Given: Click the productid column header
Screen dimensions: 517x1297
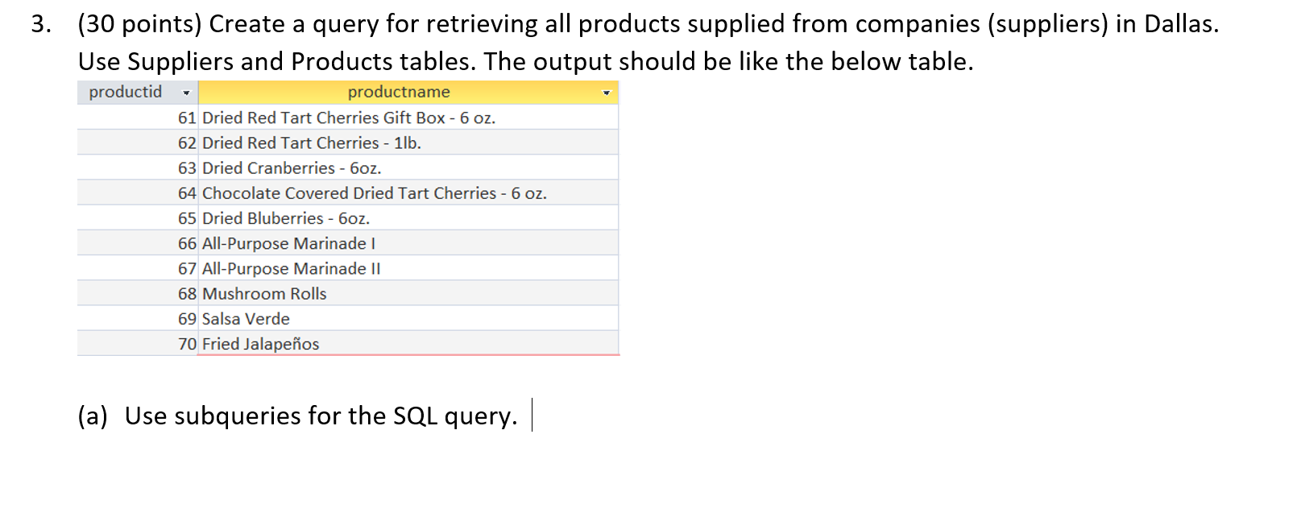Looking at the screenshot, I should point(126,92).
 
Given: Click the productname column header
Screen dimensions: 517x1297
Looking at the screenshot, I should point(399,92).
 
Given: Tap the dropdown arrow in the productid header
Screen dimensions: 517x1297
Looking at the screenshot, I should point(186,93).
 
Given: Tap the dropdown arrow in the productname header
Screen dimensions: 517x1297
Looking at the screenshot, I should point(607,93).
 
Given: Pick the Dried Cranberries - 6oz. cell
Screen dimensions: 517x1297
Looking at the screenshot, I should point(292,168).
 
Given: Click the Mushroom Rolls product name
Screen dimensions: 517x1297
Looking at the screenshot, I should point(264,294).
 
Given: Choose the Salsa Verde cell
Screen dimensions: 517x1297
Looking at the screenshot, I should point(246,319).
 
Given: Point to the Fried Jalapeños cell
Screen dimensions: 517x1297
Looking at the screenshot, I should point(260,344).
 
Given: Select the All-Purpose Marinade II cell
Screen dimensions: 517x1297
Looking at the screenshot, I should point(291,269).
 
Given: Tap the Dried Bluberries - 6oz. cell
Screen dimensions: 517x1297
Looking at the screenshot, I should point(286,218).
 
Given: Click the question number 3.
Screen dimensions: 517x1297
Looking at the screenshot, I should point(40,24).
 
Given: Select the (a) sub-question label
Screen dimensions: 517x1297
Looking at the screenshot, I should point(93,416).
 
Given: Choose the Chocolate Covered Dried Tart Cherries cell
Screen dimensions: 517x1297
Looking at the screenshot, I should point(374,193).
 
